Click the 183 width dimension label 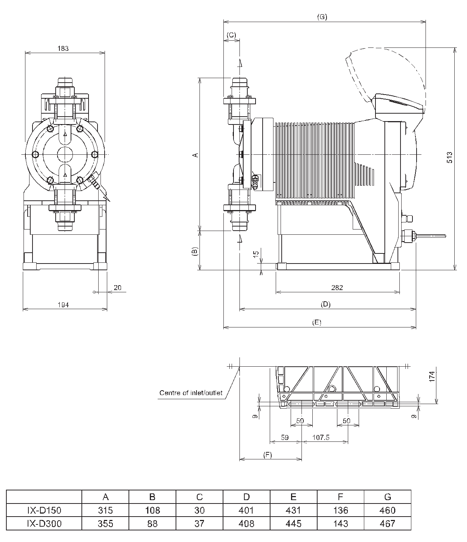(x=63, y=49)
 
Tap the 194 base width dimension (x=63, y=305)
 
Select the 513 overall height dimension (x=449, y=157)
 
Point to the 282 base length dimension (x=337, y=288)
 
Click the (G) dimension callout (x=322, y=17)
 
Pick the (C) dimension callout (x=231, y=35)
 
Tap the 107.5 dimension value (x=321, y=437)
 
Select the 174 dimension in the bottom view (x=432, y=376)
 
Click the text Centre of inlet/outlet (x=191, y=393)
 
